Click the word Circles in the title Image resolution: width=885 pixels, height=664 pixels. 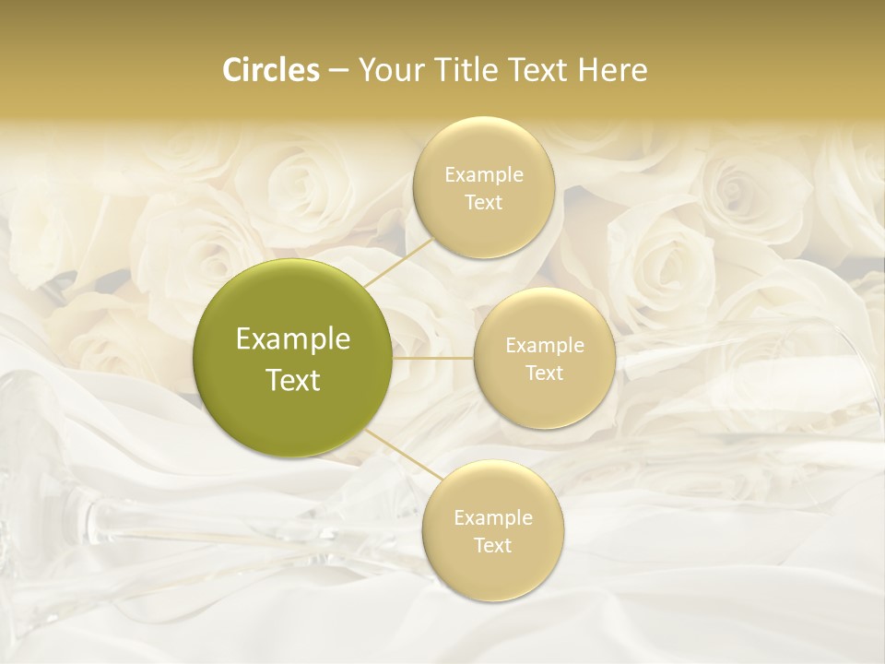click(270, 70)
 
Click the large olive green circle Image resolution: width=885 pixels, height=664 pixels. click(293, 358)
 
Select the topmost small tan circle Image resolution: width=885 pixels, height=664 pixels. click(483, 187)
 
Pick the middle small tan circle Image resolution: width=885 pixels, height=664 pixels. click(544, 358)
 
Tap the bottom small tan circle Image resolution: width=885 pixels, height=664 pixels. click(492, 530)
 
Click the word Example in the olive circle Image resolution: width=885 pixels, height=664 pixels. click(293, 339)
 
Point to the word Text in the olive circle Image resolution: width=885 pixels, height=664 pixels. click(293, 380)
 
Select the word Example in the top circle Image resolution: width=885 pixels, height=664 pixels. click(483, 174)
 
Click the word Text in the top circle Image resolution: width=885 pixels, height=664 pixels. click(483, 202)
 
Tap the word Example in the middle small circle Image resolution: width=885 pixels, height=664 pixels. click(544, 345)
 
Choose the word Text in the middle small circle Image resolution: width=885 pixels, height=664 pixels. click(544, 373)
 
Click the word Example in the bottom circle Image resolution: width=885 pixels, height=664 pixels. click(492, 517)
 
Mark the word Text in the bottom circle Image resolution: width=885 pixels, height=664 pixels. click(492, 545)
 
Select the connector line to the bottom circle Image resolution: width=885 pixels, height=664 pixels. click(404, 456)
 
